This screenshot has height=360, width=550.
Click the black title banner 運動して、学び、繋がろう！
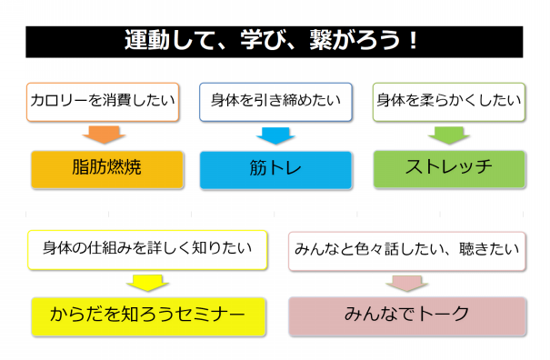(x=275, y=42)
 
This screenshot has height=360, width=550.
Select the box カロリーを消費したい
(x=103, y=101)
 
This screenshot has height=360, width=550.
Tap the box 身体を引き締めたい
(x=275, y=101)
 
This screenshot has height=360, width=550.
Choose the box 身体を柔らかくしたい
(x=450, y=101)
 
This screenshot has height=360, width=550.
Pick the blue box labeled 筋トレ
(x=275, y=169)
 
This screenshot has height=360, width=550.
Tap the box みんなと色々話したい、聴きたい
(x=406, y=248)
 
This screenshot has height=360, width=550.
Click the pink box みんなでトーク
(x=407, y=315)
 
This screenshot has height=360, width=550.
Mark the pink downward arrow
(x=405, y=282)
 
